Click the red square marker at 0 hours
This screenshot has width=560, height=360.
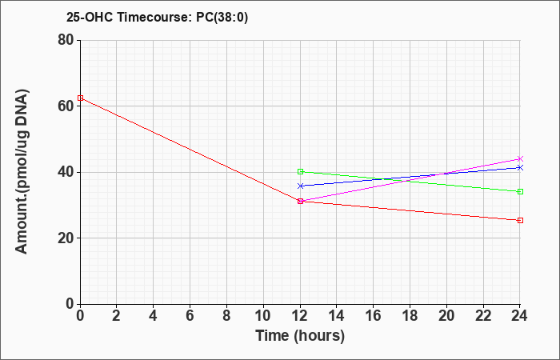point(80,98)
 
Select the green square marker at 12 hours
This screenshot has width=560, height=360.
point(300,171)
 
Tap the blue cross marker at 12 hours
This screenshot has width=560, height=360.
point(300,186)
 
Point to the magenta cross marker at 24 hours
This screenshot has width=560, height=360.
point(520,158)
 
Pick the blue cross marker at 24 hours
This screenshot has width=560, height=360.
point(520,167)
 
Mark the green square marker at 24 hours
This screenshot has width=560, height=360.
point(520,191)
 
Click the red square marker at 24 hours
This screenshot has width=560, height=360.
point(520,220)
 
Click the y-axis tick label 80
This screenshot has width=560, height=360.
point(66,40)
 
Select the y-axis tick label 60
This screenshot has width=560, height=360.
point(66,106)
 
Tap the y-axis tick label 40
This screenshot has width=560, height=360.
point(66,172)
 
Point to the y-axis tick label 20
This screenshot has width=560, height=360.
point(66,238)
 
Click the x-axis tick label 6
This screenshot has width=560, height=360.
point(190,316)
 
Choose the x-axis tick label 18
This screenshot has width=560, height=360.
point(410,316)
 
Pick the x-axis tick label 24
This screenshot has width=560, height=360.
point(519,316)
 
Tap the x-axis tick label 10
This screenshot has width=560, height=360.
point(263,316)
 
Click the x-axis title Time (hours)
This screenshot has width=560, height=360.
point(300,336)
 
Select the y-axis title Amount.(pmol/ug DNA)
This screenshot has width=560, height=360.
point(22,172)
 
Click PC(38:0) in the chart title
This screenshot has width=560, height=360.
point(222,17)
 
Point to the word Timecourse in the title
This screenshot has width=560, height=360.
point(154,17)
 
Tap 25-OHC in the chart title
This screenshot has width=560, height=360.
point(90,17)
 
